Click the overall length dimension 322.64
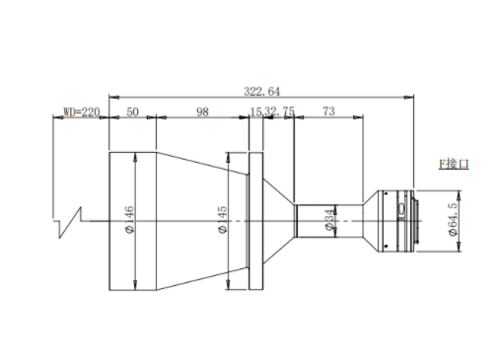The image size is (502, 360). pyautogui.click(x=261, y=91)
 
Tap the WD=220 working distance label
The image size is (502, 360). pyautogui.click(x=81, y=112)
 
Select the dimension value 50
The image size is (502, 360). pyautogui.click(x=132, y=111)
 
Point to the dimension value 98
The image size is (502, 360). pyautogui.click(x=202, y=111)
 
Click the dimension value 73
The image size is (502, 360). pyautogui.click(x=328, y=111)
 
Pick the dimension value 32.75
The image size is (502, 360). pyautogui.click(x=280, y=111)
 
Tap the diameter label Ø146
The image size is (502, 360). pyautogui.click(x=130, y=219)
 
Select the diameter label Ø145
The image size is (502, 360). pyautogui.click(x=222, y=219)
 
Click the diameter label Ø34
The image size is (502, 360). pyautogui.click(x=331, y=220)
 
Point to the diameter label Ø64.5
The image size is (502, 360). pyautogui.click(x=453, y=219)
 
